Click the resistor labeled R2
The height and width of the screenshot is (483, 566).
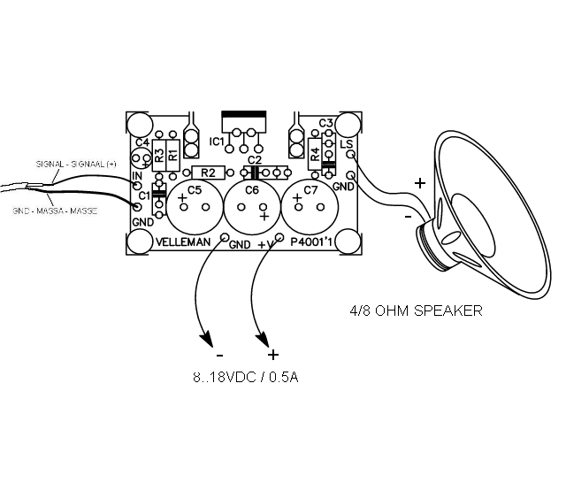coord(208,172)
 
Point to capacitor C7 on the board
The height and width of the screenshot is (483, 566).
coord(308,207)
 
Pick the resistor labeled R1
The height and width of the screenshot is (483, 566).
coord(173,154)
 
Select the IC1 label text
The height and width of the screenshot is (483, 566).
coord(218,142)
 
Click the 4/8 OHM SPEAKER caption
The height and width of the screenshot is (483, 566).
coord(416,310)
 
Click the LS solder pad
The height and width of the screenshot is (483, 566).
coord(351,155)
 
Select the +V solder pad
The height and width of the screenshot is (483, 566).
coord(279,237)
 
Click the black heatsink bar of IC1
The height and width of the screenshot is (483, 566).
coord(244,119)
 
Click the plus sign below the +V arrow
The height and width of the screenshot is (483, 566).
coord(273,355)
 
